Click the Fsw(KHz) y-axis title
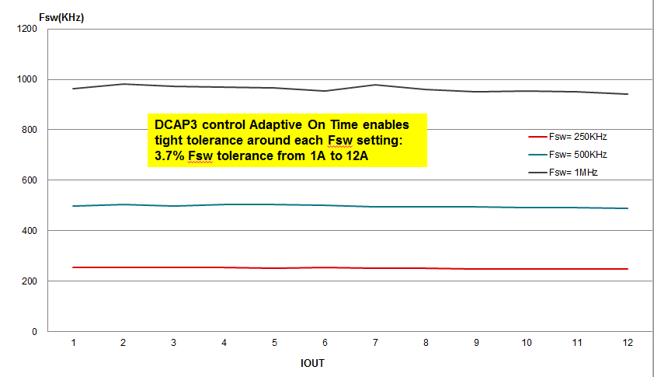pos(61,17)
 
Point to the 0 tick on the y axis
pos(34,332)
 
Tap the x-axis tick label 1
pos(73,343)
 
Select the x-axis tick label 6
pos(325,343)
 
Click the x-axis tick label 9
pos(476,343)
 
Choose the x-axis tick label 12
pos(627,343)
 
